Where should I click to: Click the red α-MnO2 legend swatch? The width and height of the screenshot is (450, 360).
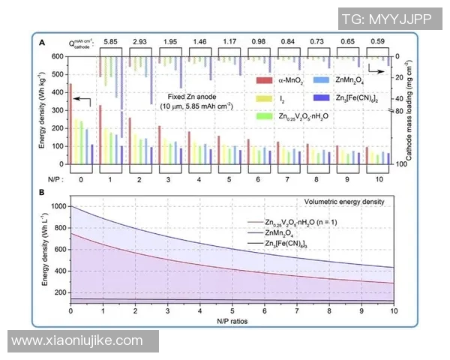263,79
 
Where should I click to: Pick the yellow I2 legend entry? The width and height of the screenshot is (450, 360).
281,98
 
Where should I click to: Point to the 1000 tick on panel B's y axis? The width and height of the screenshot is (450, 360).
57,206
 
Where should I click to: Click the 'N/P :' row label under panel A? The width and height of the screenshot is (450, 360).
49,180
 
